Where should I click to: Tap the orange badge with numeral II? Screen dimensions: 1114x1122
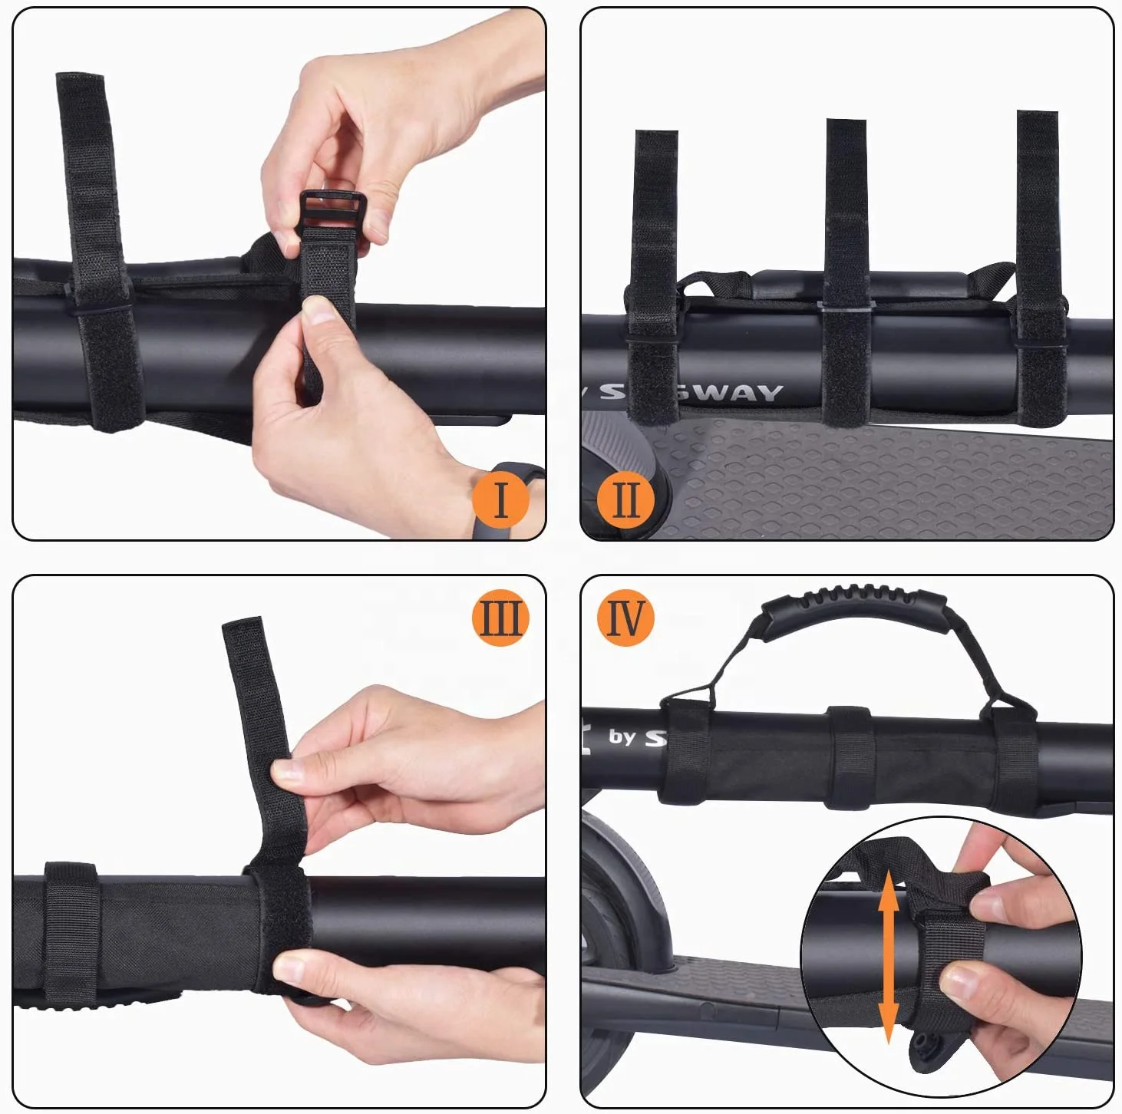click(625, 499)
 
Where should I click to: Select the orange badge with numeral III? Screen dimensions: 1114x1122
click(500, 618)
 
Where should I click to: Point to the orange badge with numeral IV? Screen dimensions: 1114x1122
click(625, 618)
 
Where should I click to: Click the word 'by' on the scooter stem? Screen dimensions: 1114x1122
click(622, 737)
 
